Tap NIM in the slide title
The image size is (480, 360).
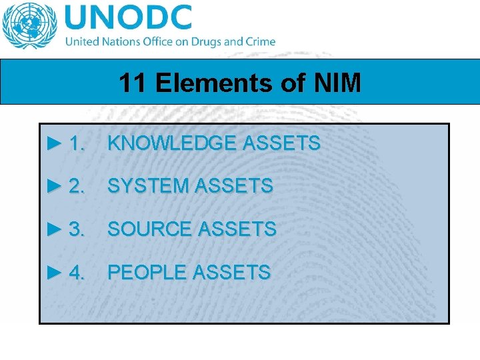pos(338,83)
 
